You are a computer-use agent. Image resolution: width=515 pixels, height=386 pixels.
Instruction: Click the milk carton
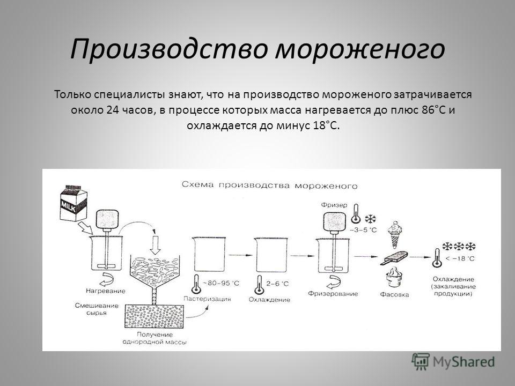pyautogui.click(x=73, y=203)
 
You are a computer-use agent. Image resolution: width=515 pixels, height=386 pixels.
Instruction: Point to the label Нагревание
pyautogui.click(x=106, y=291)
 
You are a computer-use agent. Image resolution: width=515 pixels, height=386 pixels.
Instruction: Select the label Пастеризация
pyautogui.click(x=207, y=299)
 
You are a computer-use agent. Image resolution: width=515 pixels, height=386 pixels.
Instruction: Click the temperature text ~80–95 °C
pyautogui.click(x=221, y=283)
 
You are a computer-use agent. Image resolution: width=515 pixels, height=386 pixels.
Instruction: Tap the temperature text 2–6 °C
pyautogui.click(x=277, y=283)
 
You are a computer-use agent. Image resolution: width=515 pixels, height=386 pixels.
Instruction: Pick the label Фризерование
pyautogui.click(x=333, y=293)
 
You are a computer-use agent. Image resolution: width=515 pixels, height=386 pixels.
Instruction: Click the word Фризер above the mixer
pyautogui.click(x=334, y=205)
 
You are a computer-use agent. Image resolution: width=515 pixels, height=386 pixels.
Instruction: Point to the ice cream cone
pyautogui.click(x=395, y=235)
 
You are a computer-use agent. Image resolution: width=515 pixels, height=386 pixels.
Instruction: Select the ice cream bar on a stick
pyautogui.click(x=394, y=257)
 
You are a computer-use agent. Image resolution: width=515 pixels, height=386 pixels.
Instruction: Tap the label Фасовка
pyautogui.click(x=394, y=294)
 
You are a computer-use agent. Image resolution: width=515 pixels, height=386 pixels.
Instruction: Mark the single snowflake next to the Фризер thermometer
pyautogui.click(x=371, y=219)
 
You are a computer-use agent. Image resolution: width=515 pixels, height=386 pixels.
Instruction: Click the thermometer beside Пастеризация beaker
pyautogui.click(x=196, y=284)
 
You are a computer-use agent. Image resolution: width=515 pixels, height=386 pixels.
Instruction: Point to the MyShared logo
pyautogui.click(x=453, y=362)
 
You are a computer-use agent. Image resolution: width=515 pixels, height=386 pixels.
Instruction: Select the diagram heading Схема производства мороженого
pyautogui.click(x=269, y=185)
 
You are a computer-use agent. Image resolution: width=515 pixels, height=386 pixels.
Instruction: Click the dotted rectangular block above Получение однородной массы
pyautogui.click(x=154, y=316)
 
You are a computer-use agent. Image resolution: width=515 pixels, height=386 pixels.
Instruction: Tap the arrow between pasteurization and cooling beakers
pyautogui.click(x=240, y=255)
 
